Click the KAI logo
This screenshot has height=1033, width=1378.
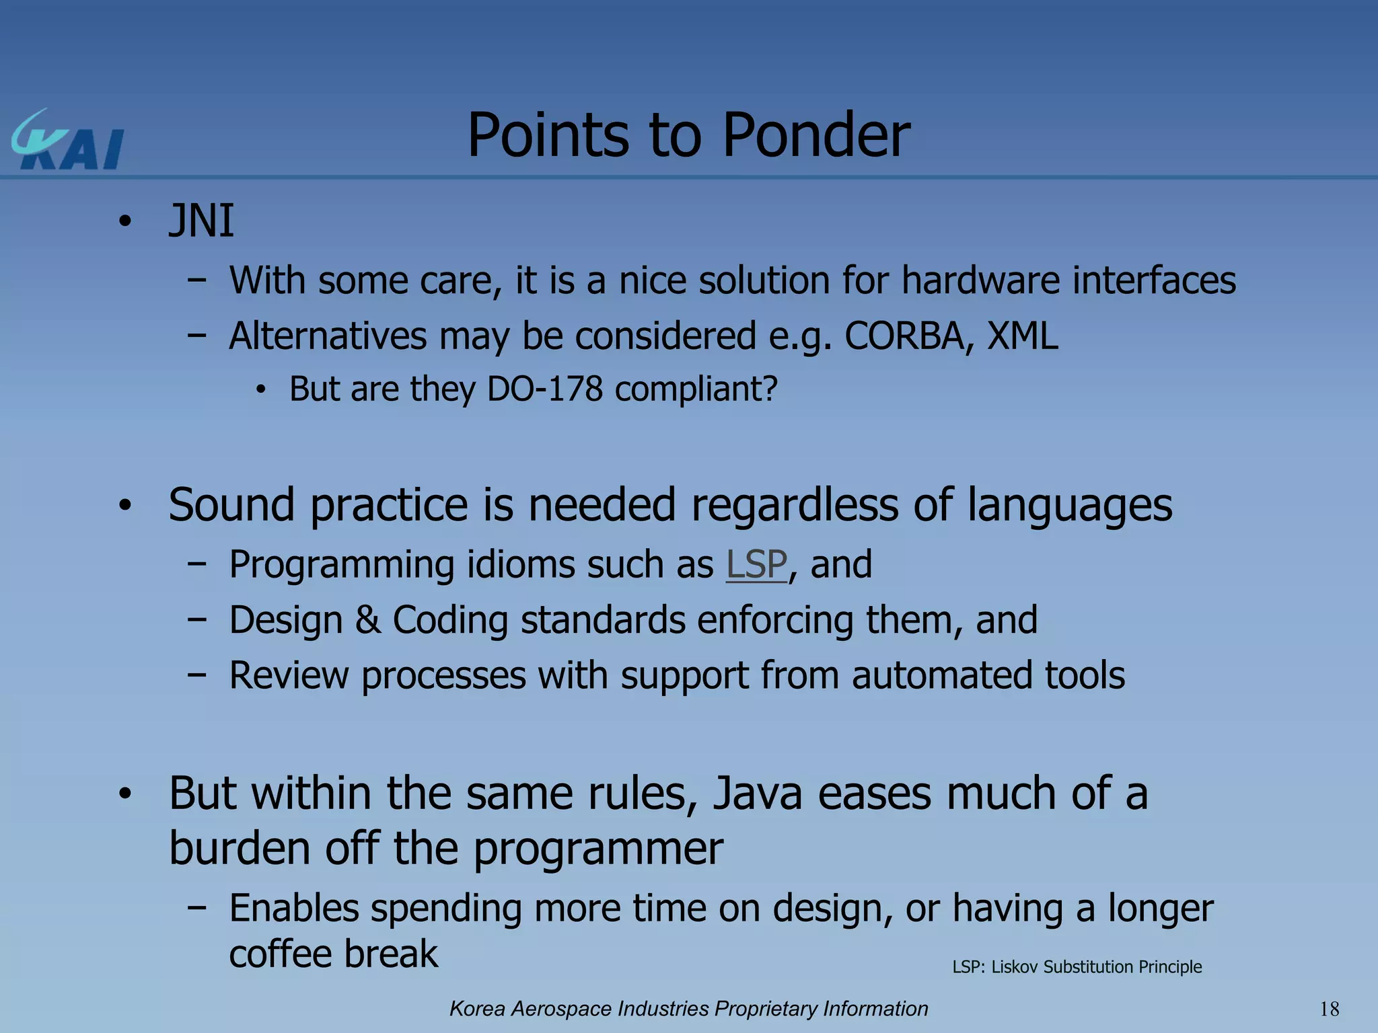[67, 141]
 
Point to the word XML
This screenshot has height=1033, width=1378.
[1023, 336]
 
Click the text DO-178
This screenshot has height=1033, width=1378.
[544, 389]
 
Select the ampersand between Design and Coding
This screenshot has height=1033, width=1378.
[368, 619]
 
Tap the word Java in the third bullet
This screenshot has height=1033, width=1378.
[758, 794]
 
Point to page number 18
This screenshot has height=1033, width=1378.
[1329, 1009]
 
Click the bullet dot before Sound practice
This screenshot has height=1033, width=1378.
[124, 506]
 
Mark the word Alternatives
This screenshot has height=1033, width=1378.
[328, 336]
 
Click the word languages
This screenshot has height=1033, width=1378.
[1069, 506]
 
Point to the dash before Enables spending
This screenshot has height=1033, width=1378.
[196, 907]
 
